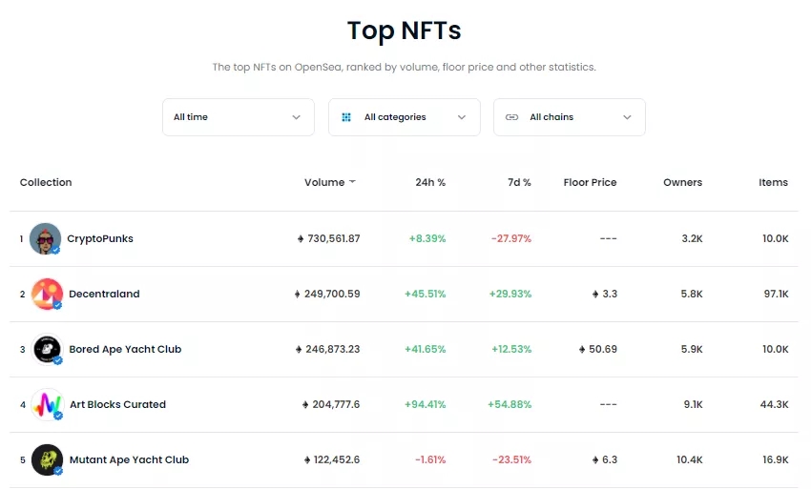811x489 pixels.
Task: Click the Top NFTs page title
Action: click(x=405, y=31)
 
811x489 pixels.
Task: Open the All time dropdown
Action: click(x=238, y=117)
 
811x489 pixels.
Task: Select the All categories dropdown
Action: click(x=404, y=117)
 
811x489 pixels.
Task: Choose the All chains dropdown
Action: click(x=569, y=117)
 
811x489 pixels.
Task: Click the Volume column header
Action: click(x=324, y=182)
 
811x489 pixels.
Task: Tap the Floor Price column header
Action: click(x=590, y=182)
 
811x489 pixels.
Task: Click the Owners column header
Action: click(x=682, y=182)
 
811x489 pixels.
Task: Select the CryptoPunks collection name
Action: click(x=100, y=238)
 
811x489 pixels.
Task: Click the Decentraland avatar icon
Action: click(x=47, y=294)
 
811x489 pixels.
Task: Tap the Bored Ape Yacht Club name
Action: click(x=125, y=349)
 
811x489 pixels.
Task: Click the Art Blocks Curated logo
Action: click(x=47, y=404)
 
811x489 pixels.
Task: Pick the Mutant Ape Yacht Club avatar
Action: click(x=47, y=459)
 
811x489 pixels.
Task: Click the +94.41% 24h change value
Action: click(x=426, y=404)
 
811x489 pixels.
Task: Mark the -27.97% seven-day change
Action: click(x=511, y=238)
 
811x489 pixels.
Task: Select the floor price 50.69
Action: click(x=602, y=349)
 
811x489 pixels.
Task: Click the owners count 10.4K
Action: click(x=689, y=459)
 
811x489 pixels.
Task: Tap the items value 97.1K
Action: click(x=776, y=294)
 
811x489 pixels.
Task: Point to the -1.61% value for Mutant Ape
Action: click(x=430, y=459)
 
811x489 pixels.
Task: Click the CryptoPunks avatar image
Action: click(x=45, y=238)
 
